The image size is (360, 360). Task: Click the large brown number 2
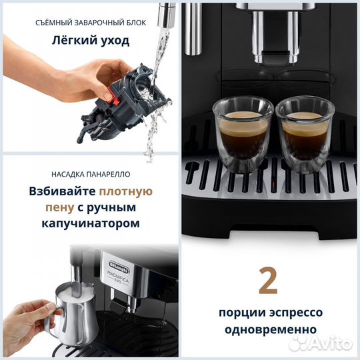click(x=267, y=281)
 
